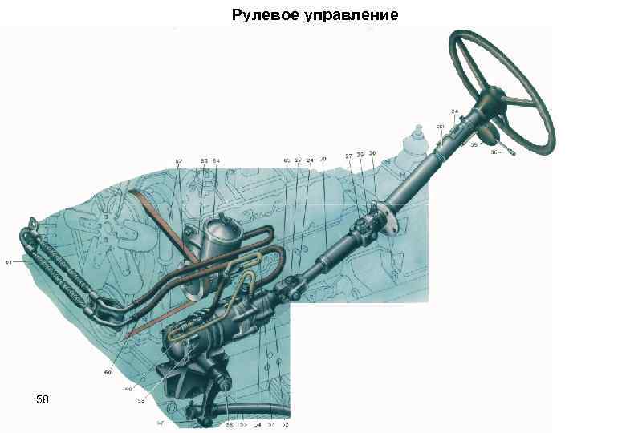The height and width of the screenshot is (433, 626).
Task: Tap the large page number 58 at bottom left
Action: (x=43, y=399)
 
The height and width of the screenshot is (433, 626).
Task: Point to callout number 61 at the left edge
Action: (x=9, y=261)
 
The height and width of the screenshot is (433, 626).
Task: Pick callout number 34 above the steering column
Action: (x=454, y=111)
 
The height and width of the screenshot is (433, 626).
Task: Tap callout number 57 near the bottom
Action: (x=161, y=423)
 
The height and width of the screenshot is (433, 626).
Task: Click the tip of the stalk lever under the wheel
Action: (x=511, y=149)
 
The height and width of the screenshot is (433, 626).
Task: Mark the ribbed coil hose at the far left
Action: (x=60, y=265)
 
